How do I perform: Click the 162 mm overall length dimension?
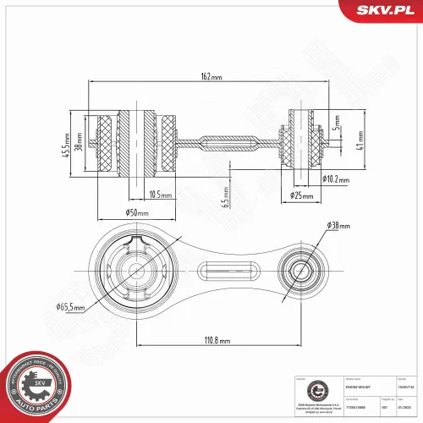tap(211, 76)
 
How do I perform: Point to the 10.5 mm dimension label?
tap(159, 194)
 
